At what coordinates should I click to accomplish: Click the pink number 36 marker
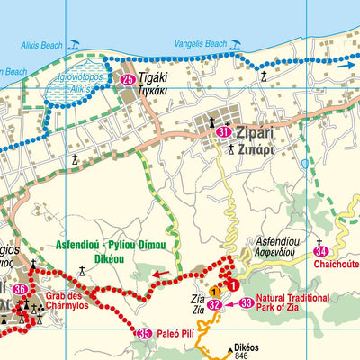pyautogui.click(x=20, y=289)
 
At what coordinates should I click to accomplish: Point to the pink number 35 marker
pyautogui.click(x=144, y=334)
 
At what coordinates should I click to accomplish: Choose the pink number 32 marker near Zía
pyautogui.click(x=214, y=304)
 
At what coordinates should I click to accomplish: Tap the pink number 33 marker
pyautogui.click(x=246, y=303)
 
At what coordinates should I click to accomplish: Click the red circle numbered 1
pyautogui.click(x=233, y=285)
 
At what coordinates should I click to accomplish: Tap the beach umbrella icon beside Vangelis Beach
pyautogui.click(x=235, y=43)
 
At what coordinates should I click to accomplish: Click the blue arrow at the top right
pyautogui.click(x=345, y=65)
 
